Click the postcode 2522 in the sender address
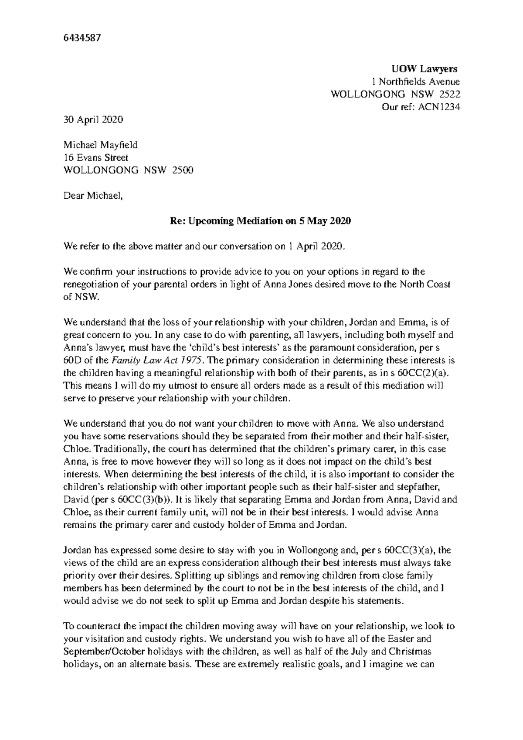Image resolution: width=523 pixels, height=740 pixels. [449, 94]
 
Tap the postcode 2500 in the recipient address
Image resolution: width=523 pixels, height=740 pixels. [183, 170]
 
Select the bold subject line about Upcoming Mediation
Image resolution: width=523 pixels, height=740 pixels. [260, 221]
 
